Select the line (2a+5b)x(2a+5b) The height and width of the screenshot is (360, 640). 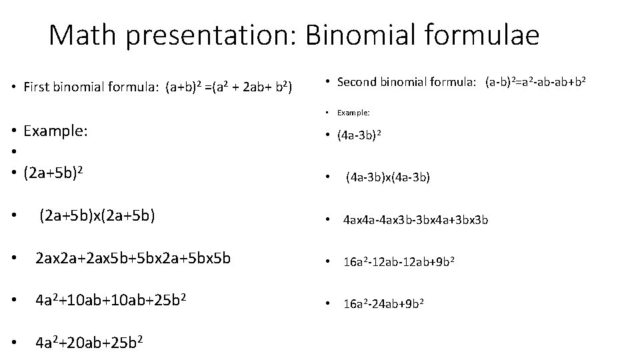click(x=97, y=215)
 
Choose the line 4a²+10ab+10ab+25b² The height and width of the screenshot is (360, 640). click(x=110, y=300)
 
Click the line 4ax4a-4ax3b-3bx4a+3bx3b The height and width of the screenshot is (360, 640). click(x=415, y=219)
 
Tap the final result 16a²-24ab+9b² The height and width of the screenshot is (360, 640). click(x=383, y=304)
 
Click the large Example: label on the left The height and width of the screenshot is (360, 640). click(x=55, y=131)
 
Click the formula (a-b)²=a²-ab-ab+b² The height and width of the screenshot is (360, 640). click(x=535, y=82)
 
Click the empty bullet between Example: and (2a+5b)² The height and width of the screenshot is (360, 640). click(x=15, y=152)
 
